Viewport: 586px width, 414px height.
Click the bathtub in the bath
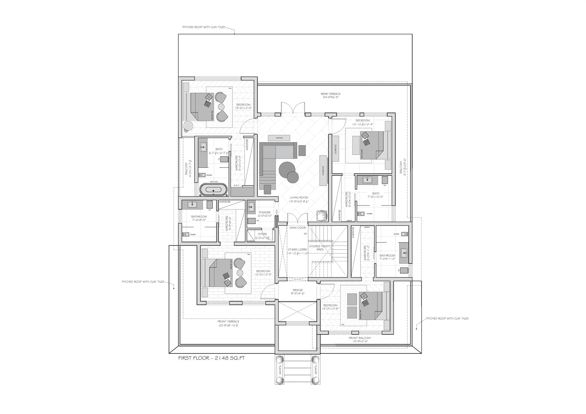[213, 190]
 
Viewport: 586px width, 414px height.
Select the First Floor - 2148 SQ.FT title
[211, 358]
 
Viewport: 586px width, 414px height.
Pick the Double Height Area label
[320, 248]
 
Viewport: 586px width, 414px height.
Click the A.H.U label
[236, 185]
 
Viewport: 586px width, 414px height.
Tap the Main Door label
[298, 228]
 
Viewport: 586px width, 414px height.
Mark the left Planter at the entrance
[280, 370]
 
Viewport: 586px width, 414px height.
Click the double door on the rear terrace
[293, 109]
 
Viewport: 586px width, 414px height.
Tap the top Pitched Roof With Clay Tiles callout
[204, 27]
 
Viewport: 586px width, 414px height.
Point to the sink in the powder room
[251, 206]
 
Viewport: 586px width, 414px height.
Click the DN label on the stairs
[305, 234]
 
